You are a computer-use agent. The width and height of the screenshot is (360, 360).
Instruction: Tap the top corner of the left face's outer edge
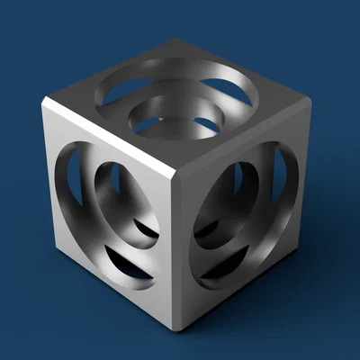45,104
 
